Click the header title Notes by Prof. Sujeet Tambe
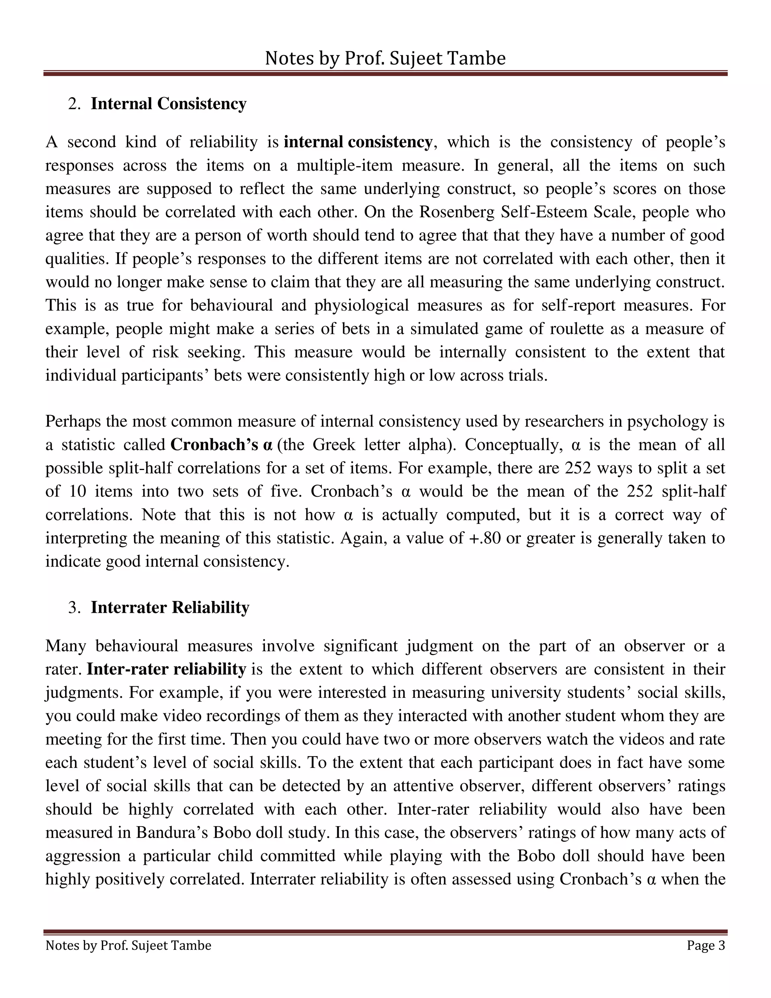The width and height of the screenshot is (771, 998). point(385,58)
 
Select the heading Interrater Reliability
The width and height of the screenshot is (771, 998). point(170,607)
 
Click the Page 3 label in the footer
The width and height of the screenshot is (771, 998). point(706,945)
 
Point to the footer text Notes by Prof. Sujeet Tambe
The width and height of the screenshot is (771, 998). point(128,945)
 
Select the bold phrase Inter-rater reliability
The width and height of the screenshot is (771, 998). point(166,669)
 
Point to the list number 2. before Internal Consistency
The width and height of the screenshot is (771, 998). point(74,104)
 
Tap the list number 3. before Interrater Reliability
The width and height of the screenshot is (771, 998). point(74,608)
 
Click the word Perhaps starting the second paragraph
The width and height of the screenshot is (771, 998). point(73,421)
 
